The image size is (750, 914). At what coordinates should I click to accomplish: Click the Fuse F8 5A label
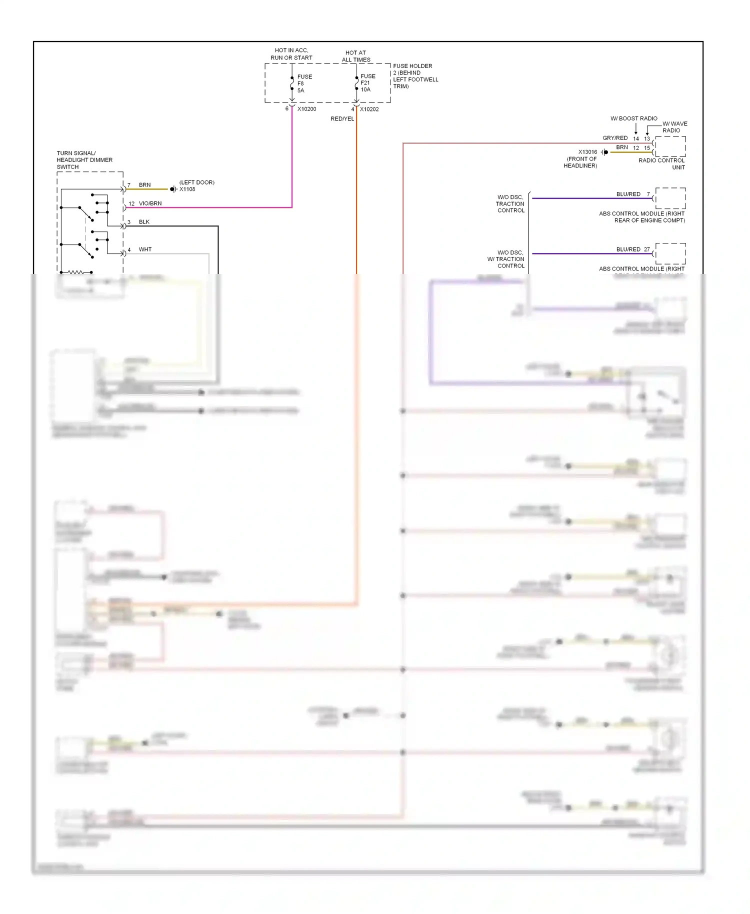pos(304,83)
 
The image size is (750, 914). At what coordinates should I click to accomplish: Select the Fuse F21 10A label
pos(367,83)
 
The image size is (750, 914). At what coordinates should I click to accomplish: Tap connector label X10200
pos(306,109)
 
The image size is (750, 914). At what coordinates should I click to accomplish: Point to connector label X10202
pos(369,109)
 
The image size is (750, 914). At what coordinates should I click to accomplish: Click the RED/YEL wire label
pos(342,119)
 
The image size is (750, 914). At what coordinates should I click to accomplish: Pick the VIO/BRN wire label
pos(150,203)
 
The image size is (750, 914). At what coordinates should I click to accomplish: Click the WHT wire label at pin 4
pos(145,249)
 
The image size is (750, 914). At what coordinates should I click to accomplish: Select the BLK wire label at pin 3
pos(144,222)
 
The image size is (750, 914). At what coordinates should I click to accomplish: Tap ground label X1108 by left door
pos(187,189)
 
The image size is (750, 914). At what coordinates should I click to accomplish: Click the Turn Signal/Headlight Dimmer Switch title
pos(84,160)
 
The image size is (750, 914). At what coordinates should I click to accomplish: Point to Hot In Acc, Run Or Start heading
pos(291,54)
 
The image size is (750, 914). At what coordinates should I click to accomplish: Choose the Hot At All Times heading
pos(356,56)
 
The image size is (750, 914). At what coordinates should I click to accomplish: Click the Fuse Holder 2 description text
pos(415,76)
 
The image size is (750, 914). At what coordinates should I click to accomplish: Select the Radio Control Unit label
pos(661,164)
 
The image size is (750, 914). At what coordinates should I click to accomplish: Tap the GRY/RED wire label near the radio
pos(614,138)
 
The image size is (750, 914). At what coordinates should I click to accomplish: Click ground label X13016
pos(587,152)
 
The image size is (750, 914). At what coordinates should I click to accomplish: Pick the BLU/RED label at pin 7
pos(628,194)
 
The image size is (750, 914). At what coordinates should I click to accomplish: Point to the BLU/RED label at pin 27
pos(628,249)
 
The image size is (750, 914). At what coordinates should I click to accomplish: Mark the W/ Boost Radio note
pos(633,118)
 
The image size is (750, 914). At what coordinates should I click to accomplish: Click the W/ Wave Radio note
pos(674,127)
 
